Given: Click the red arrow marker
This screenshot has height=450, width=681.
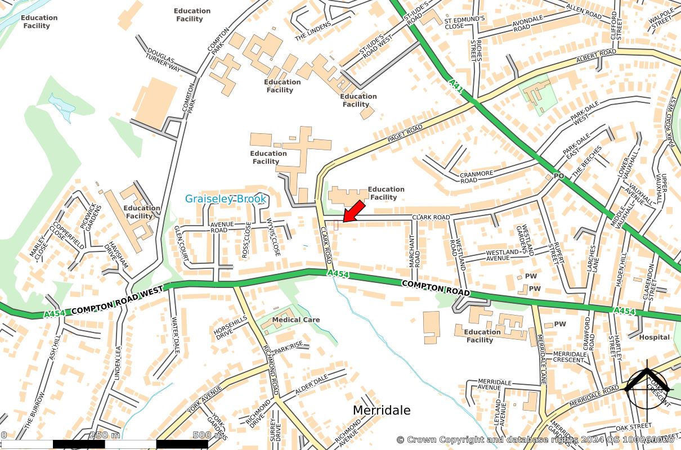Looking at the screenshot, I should pyautogui.click(x=352, y=211).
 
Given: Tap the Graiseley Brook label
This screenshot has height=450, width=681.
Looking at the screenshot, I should pyautogui.click(x=225, y=199).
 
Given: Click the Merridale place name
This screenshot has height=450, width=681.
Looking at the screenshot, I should pyautogui.click(x=381, y=410).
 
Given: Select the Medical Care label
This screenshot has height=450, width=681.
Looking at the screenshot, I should pyautogui.click(x=295, y=320).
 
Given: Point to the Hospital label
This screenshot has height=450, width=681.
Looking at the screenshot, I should pyautogui.click(x=654, y=337).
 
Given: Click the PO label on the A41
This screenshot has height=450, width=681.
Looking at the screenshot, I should pyautogui.click(x=558, y=176).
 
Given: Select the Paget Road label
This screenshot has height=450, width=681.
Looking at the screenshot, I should pyautogui.click(x=405, y=134).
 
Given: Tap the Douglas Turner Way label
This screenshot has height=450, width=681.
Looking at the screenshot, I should pyautogui.click(x=163, y=60).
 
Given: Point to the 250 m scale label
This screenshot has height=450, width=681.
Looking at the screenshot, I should pyautogui.click(x=105, y=435).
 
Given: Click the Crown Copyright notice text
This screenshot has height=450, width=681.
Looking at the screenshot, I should pyautogui.click(x=535, y=439).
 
